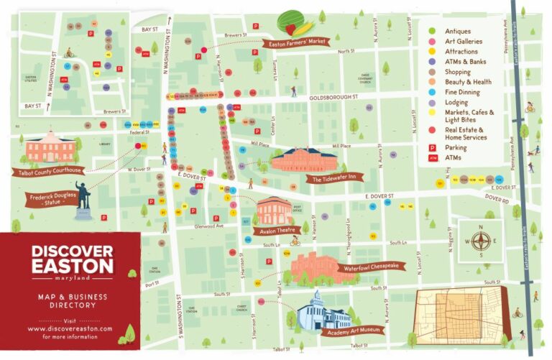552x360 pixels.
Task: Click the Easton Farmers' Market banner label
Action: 297,42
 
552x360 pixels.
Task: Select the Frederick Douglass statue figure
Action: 83,195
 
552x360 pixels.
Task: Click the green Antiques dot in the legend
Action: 431,32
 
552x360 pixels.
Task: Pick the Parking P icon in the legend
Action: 432,147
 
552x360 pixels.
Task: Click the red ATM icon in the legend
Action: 432,157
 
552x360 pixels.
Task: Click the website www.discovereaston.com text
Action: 70,328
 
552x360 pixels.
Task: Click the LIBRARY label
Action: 105,144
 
